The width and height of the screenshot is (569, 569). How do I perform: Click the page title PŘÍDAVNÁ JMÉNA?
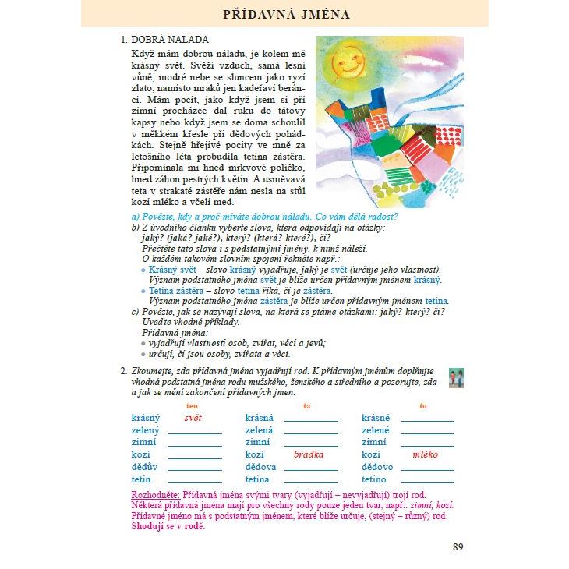pos(286,14)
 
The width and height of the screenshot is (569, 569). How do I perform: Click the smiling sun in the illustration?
pos(348,60)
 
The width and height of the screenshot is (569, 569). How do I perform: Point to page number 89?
pos(458,546)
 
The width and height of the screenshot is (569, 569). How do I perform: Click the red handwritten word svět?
pos(192,418)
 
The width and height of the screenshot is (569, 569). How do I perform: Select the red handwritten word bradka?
pos(309,454)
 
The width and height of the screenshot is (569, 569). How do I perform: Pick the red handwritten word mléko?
pos(425,454)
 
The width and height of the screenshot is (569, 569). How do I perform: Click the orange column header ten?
pos(192,405)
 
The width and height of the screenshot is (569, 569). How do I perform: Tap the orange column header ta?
pos(307,405)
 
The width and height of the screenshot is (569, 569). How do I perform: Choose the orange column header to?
pos(423,405)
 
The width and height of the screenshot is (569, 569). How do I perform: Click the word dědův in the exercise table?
pos(144,467)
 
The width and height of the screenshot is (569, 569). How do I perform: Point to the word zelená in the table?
pos(259,430)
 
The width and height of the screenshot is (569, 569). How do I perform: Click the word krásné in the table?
pos(376,418)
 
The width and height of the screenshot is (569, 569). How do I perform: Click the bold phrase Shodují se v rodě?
pos(168,526)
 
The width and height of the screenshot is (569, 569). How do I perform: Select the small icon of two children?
pos(457,378)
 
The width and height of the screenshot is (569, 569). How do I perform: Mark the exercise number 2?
pos(123,372)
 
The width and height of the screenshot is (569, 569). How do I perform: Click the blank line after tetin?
pos(195,482)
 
